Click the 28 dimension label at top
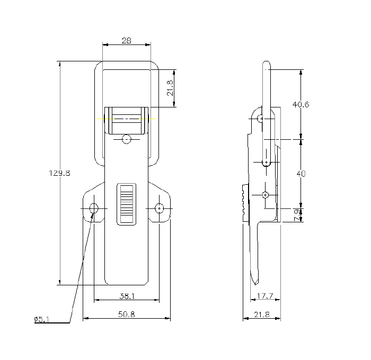pos(126,41)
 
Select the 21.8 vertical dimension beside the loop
pos(170,88)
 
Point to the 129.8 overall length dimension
pos(59,173)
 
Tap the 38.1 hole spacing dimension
pos(126,296)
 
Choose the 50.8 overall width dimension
pos(126,314)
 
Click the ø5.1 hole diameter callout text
pos(41,319)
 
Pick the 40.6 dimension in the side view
pos(301,104)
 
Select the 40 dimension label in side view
pos(301,173)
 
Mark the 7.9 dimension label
pos(297,214)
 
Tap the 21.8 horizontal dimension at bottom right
pos(261,314)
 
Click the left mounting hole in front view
pos(94,208)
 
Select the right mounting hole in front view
pos(159,208)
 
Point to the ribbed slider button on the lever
pos(126,204)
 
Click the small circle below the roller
pos(126,139)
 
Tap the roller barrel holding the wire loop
pos(126,120)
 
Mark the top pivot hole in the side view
pos(260,119)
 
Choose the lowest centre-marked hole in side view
pos(266,195)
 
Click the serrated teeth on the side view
pos(244,203)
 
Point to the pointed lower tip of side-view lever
pos(257,282)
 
